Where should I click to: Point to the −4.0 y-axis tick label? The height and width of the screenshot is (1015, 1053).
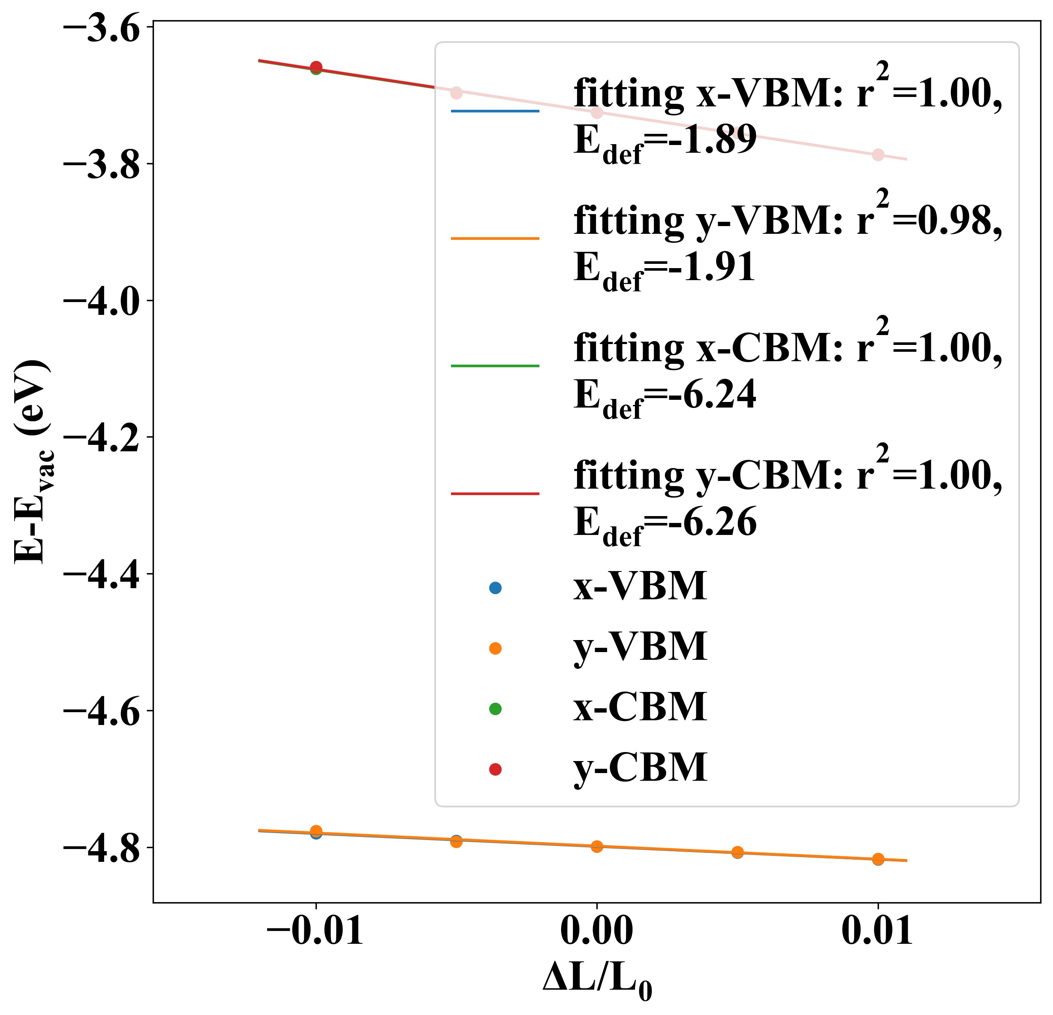click(x=102, y=301)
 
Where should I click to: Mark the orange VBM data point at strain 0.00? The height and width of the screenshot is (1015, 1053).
click(x=597, y=847)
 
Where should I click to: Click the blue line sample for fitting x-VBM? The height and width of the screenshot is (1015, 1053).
click(x=495, y=111)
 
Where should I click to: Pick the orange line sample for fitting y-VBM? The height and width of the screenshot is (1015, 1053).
click(x=495, y=238)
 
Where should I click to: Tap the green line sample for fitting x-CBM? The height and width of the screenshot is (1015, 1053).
click(x=495, y=366)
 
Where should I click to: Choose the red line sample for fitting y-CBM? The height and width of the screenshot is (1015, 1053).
click(x=495, y=493)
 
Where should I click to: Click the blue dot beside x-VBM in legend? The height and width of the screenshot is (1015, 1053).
click(x=495, y=588)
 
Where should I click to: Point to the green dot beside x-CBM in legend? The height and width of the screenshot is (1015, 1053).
click(x=495, y=709)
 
